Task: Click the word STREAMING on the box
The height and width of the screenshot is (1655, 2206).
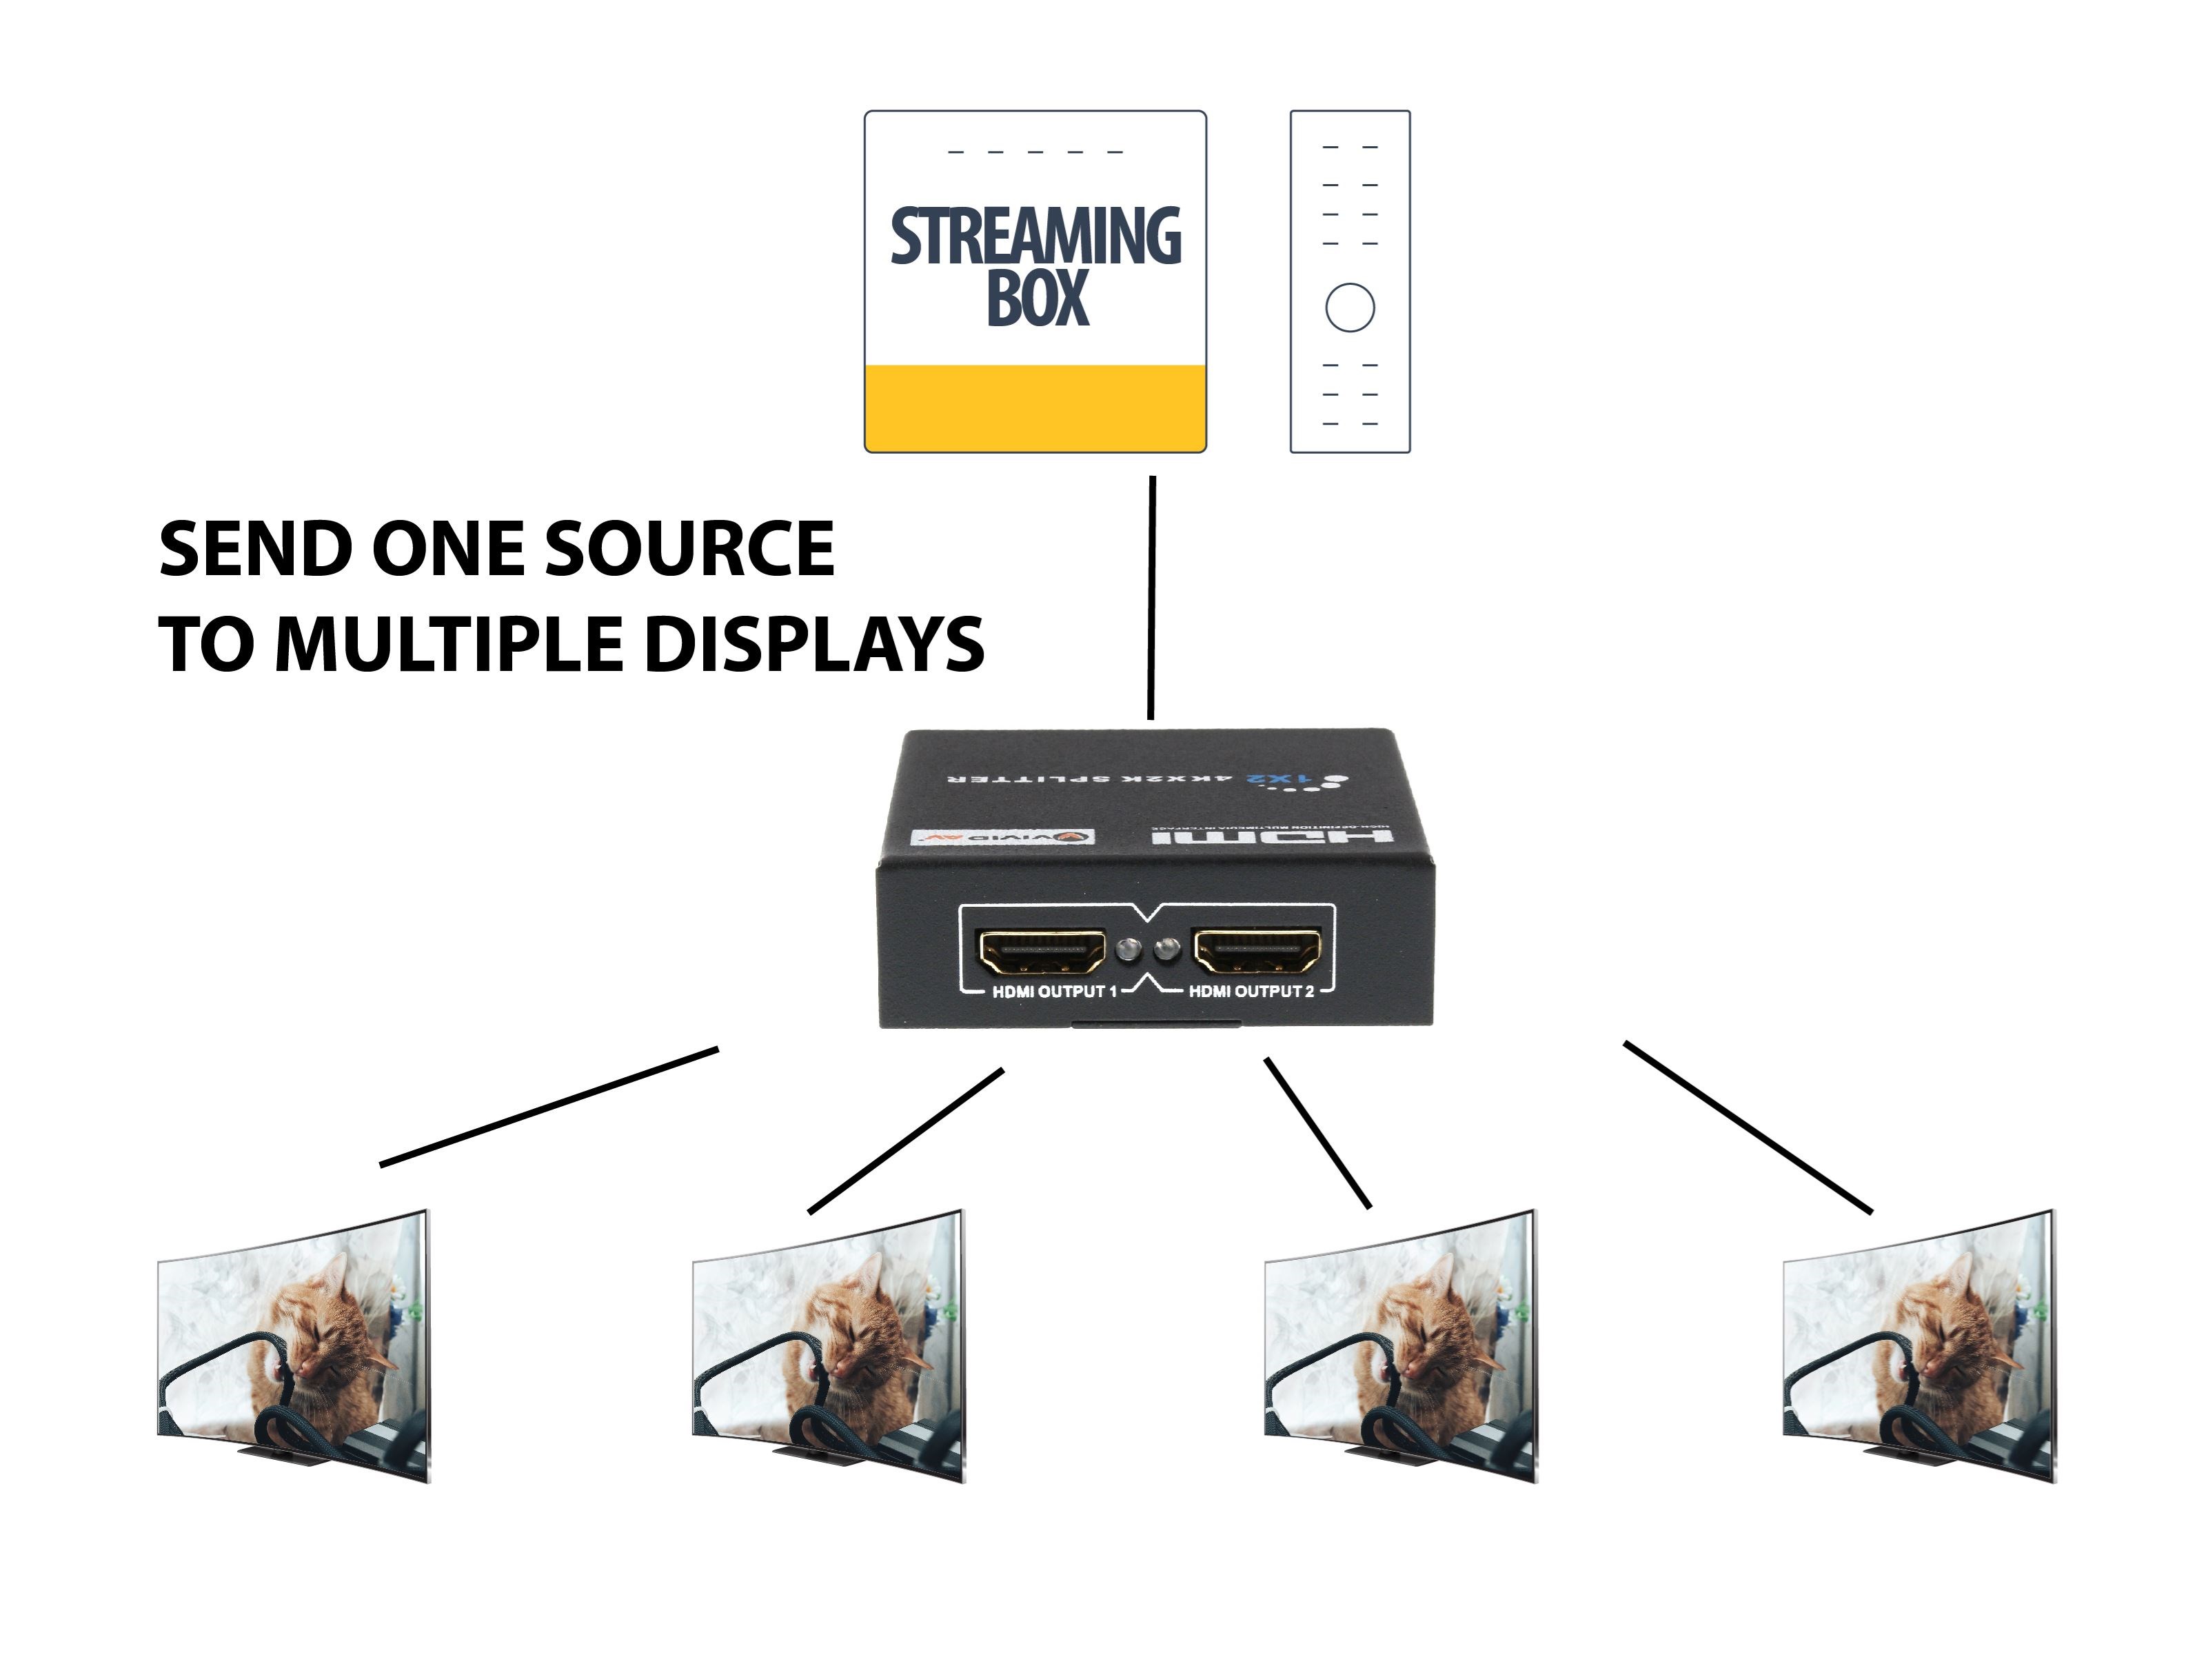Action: (x=1035, y=237)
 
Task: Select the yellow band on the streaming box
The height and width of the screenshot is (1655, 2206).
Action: (x=1035, y=407)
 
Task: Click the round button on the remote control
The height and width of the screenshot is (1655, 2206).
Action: (x=1349, y=308)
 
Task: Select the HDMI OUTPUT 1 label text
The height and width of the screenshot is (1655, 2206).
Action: (x=1054, y=992)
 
